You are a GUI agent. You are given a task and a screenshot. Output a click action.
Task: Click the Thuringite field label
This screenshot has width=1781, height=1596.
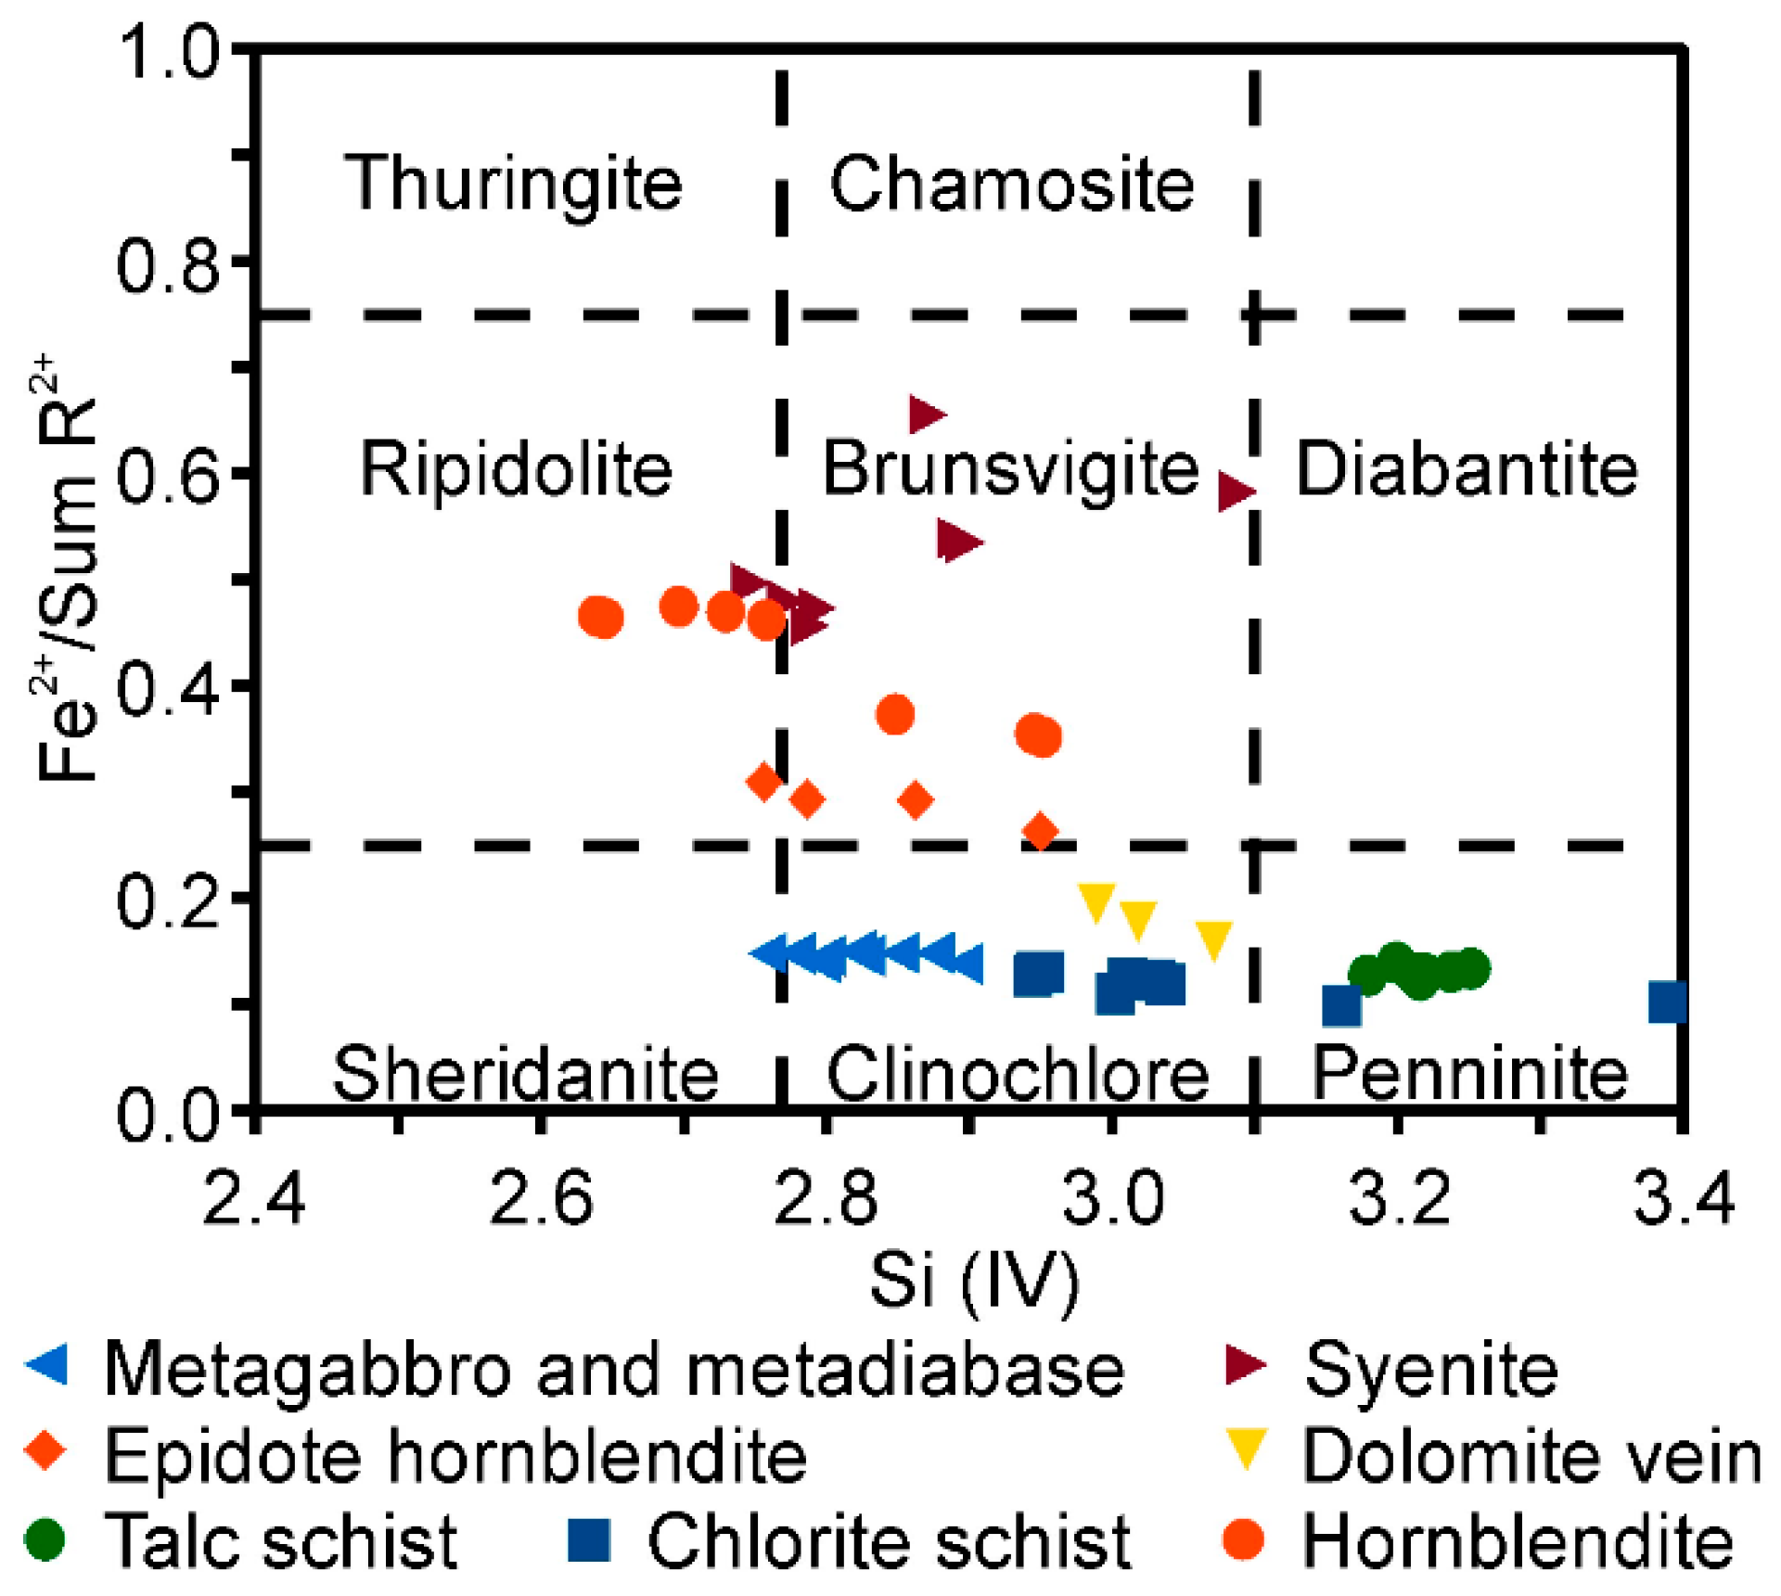[513, 184]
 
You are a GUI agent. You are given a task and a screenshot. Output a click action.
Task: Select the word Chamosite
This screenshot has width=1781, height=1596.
[1011, 184]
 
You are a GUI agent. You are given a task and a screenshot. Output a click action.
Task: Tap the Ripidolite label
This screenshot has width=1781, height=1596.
[516, 469]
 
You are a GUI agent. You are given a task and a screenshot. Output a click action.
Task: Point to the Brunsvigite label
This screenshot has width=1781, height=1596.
[1010, 469]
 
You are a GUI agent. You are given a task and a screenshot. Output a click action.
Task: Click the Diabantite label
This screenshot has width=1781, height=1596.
[1467, 469]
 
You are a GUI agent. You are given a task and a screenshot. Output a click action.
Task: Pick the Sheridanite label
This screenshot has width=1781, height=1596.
[525, 1074]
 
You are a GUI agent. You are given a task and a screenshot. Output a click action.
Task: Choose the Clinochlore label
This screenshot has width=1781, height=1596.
[1018, 1074]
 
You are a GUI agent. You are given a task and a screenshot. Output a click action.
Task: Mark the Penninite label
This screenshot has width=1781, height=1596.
[1469, 1074]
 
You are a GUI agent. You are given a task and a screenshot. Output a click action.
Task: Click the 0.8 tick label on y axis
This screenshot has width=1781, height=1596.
[168, 264]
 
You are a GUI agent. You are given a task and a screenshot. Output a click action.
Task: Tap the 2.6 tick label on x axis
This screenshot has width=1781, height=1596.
[541, 1197]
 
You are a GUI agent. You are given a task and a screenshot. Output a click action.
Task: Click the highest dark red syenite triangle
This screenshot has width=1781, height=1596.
[926, 414]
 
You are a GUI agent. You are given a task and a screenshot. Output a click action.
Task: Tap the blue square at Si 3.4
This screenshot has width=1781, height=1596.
[1667, 1002]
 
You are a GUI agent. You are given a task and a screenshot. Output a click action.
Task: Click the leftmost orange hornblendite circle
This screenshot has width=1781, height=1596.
[599, 616]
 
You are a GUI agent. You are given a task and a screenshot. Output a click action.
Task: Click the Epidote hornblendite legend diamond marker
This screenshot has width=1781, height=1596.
[46, 1451]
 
